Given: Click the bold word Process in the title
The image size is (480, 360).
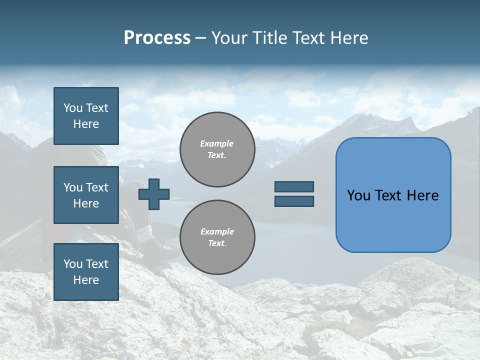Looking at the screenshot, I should click(157, 38).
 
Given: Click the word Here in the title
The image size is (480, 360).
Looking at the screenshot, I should click(349, 38).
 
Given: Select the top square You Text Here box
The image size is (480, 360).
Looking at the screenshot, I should click(86, 116).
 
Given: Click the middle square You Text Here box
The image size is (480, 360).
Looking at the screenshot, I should click(86, 195).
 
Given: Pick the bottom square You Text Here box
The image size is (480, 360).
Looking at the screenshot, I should click(86, 271).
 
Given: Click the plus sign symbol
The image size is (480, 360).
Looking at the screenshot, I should click(154, 194).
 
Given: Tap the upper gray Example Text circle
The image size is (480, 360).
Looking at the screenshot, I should click(217, 149).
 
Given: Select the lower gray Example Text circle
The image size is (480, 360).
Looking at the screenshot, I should click(217, 237).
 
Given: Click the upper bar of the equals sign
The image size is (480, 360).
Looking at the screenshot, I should click(294, 187).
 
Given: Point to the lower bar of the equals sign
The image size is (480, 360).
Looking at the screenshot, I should click(294, 201).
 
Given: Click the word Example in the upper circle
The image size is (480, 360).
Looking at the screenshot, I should click(216, 143).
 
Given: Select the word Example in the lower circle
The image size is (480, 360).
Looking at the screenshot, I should click(216, 231).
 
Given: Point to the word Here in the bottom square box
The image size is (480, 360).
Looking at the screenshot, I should click(86, 280).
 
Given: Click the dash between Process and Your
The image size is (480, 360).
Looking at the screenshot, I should click(201, 38).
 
